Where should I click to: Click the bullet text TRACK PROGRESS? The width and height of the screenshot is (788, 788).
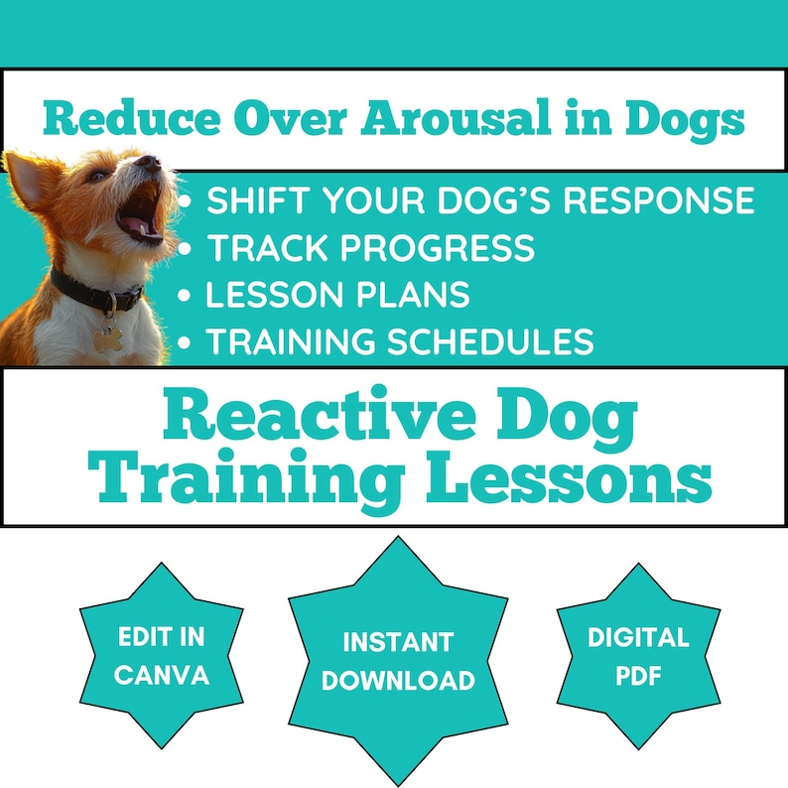coord(370,248)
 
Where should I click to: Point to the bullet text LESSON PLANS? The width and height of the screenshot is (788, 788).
coord(337,295)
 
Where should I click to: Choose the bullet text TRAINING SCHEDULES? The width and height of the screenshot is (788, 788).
coord(399,341)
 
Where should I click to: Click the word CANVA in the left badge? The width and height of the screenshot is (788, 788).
coord(162,676)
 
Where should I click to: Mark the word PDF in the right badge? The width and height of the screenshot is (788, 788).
coord(638,677)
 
